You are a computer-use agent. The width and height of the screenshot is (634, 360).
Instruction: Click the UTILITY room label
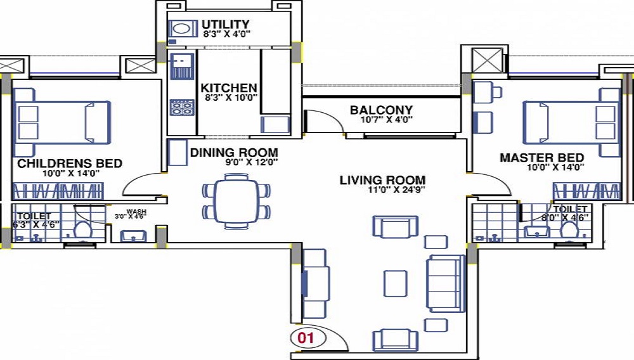click(x=226, y=25)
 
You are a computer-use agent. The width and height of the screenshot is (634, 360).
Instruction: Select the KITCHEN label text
click(x=229, y=87)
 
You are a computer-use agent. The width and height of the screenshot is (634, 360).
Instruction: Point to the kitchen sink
click(x=182, y=65)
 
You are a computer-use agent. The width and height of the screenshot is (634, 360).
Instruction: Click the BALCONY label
click(x=381, y=110)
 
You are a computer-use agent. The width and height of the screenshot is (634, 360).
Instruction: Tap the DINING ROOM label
click(x=234, y=152)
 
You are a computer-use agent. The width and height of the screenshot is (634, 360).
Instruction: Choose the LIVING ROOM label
click(x=382, y=180)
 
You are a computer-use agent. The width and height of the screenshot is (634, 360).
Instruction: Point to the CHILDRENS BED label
click(x=70, y=164)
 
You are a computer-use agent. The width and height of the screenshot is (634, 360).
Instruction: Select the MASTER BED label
click(x=541, y=157)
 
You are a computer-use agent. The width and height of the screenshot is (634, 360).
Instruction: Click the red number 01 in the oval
click(x=306, y=338)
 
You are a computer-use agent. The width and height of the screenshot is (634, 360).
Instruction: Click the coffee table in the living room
click(x=396, y=282)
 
